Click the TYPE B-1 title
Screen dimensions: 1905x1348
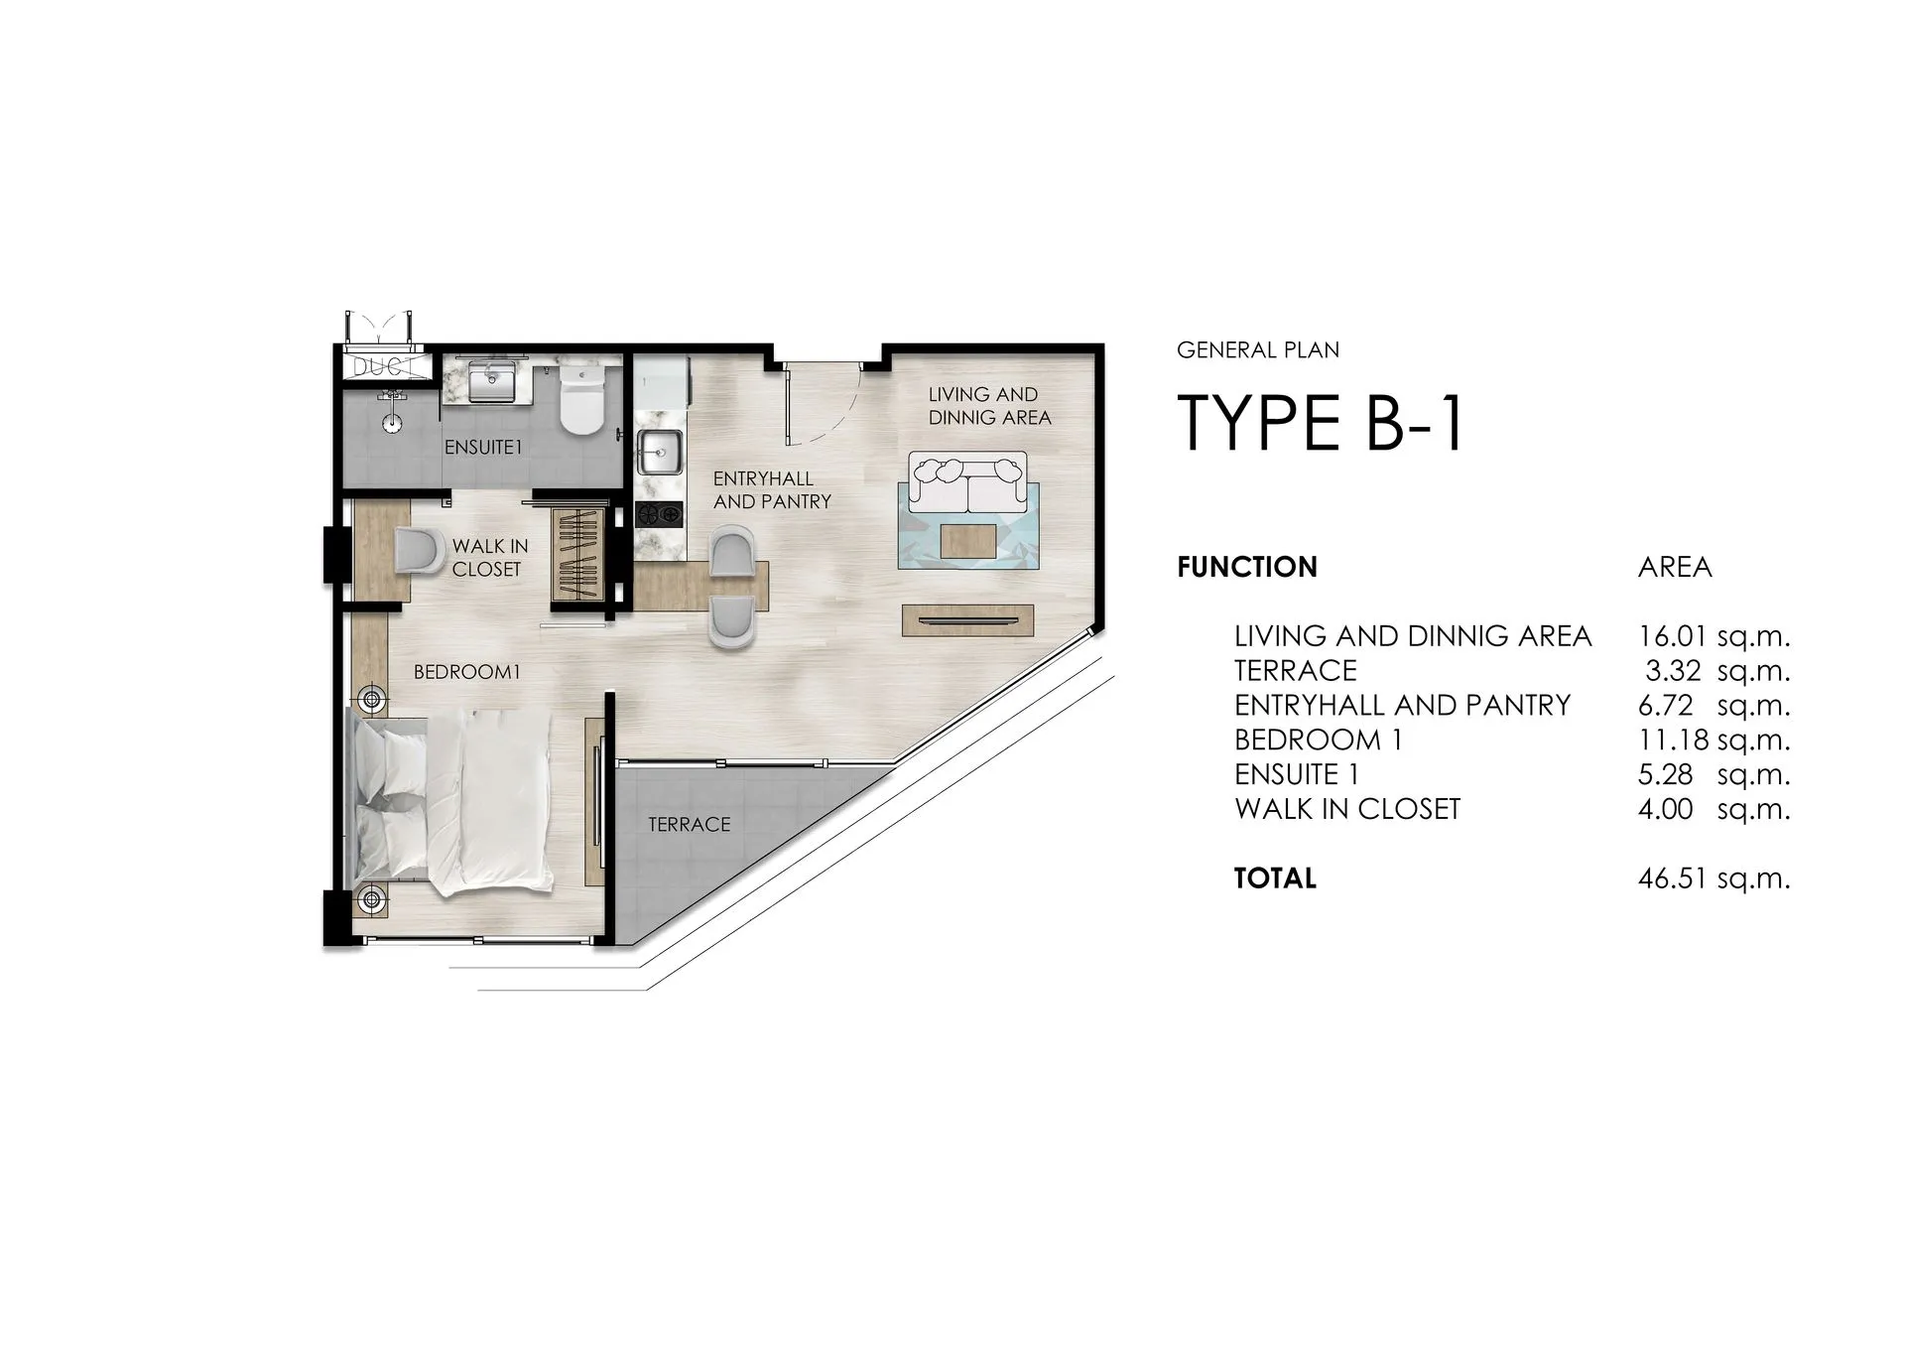point(1321,422)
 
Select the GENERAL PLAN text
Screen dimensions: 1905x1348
point(1258,350)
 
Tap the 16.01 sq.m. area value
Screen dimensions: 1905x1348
point(1714,635)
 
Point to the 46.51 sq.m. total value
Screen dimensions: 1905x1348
point(1714,878)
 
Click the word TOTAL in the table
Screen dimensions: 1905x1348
point(1275,878)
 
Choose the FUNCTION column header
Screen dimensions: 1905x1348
point(1247,567)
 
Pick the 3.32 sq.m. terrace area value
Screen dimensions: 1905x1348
point(1717,671)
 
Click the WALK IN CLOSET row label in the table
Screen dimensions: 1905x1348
point(1347,809)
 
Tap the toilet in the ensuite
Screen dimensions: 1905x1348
point(581,400)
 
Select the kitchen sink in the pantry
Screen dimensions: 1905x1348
point(658,453)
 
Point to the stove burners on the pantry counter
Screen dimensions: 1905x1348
point(660,514)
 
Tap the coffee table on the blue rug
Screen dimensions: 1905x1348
point(968,541)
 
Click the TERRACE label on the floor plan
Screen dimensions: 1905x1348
point(690,825)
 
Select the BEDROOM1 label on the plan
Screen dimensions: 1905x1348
point(467,672)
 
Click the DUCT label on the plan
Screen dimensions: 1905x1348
point(384,367)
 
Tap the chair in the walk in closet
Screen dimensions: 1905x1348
point(421,551)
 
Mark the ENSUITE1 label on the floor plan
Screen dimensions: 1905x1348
point(483,448)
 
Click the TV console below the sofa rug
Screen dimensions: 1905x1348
point(967,620)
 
